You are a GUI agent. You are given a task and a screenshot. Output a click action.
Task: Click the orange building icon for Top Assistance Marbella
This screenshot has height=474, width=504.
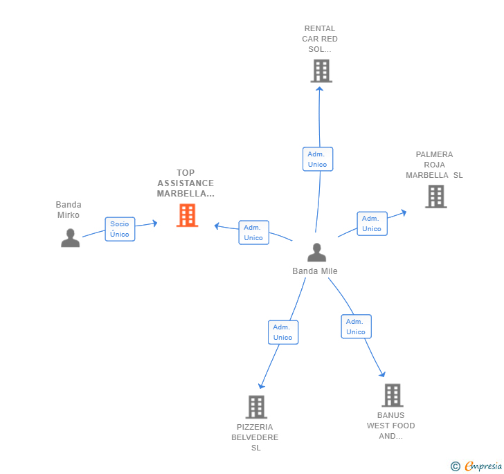click(x=187, y=215)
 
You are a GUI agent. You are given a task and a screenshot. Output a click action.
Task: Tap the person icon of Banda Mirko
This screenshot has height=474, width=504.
click(x=70, y=237)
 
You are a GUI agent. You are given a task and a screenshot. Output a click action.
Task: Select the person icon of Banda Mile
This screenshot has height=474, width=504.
click(x=316, y=253)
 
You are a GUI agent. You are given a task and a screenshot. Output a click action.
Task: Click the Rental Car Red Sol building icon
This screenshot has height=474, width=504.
click(x=321, y=71)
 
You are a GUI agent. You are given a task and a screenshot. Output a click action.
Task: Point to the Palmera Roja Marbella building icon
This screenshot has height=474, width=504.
click(x=435, y=197)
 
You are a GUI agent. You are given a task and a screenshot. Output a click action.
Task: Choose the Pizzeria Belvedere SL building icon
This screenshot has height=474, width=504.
click(x=256, y=407)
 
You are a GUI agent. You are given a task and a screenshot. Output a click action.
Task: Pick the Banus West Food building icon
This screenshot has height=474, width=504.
click(x=393, y=395)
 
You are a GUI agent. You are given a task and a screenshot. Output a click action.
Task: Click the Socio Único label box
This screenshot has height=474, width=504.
click(x=120, y=229)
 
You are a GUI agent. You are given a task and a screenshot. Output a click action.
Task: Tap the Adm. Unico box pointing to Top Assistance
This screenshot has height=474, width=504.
click(x=253, y=233)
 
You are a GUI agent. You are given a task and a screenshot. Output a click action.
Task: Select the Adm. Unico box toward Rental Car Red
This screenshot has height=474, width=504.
click(x=318, y=159)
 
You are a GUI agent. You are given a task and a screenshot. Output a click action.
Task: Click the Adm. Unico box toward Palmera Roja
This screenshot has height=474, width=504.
click(x=372, y=224)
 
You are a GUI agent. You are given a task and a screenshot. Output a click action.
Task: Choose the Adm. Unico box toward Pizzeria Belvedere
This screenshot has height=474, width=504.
click(x=282, y=332)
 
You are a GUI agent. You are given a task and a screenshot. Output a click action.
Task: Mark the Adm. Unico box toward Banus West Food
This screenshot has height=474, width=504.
click(x=356, y=327)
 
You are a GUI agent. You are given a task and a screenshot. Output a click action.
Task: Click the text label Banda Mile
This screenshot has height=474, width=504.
click(x=315, y=271)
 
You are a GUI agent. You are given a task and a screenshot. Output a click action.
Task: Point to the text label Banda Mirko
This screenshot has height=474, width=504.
click(x=69, y=210)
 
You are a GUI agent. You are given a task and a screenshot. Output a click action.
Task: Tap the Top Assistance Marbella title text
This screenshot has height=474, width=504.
click(x=186, y=183)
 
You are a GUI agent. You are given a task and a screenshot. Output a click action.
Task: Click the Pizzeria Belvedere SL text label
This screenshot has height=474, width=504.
click(x=255, y=437)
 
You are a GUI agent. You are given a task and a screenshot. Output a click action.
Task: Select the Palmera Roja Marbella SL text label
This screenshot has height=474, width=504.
click(x=434, y=165)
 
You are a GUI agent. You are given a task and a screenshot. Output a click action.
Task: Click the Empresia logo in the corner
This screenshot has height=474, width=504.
click(x=483, y=466)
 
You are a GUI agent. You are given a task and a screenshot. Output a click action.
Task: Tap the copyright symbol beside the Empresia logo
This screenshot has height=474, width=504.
click(x=456, y=467)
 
